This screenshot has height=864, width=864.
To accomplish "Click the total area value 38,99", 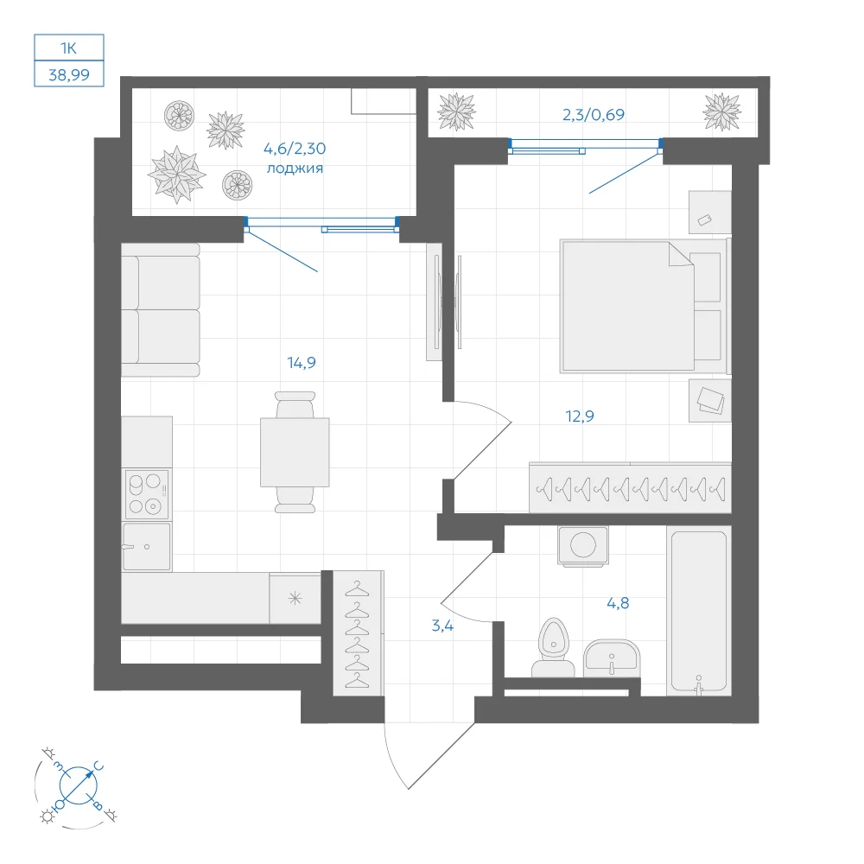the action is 69,74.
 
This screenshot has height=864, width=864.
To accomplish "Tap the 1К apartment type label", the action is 68,48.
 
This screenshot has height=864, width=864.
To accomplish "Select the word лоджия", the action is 295,168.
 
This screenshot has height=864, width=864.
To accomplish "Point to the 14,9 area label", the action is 302,363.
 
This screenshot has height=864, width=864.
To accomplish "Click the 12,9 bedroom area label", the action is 580,416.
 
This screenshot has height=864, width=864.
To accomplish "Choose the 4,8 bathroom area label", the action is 618,603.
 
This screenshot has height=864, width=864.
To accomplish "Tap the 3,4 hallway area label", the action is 442,626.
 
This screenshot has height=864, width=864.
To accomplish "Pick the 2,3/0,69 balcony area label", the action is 594,115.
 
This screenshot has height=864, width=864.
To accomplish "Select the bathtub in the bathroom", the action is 699,611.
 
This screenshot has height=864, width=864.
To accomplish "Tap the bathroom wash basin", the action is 611,658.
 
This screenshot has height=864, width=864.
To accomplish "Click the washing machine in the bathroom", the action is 583,546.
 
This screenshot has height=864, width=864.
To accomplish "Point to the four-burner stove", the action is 147,493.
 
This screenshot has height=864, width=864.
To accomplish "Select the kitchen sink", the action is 146,546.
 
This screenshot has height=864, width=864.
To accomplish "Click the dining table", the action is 295,453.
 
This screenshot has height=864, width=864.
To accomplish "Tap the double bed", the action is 644,306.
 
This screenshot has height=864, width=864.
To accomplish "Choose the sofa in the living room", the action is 161,310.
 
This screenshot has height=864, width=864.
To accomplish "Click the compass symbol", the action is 78,785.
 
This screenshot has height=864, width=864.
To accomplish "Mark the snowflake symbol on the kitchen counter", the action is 295,598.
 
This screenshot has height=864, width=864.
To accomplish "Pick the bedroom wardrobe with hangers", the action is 631,487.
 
